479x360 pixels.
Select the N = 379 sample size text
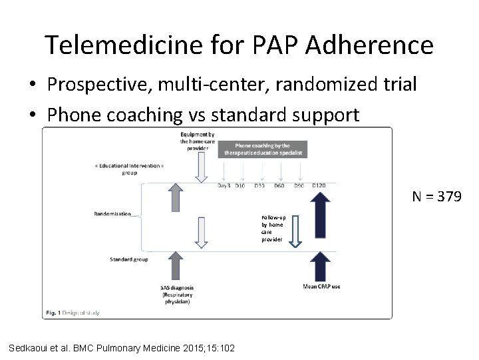coord(436,197)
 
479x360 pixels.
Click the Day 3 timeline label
coord(224,185)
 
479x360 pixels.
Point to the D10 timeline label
coord(240,185)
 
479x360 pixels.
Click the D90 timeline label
coord(299,185)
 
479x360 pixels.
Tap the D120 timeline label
coord(320,185)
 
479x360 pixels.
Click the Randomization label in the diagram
coord(112,214)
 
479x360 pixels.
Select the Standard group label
coord(129,259)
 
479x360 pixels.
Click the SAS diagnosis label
coord(176,294)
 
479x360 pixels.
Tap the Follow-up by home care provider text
coord(272,228)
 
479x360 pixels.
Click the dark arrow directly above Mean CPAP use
coord(321,265)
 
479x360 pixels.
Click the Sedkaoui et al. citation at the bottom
coord(121,347)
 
